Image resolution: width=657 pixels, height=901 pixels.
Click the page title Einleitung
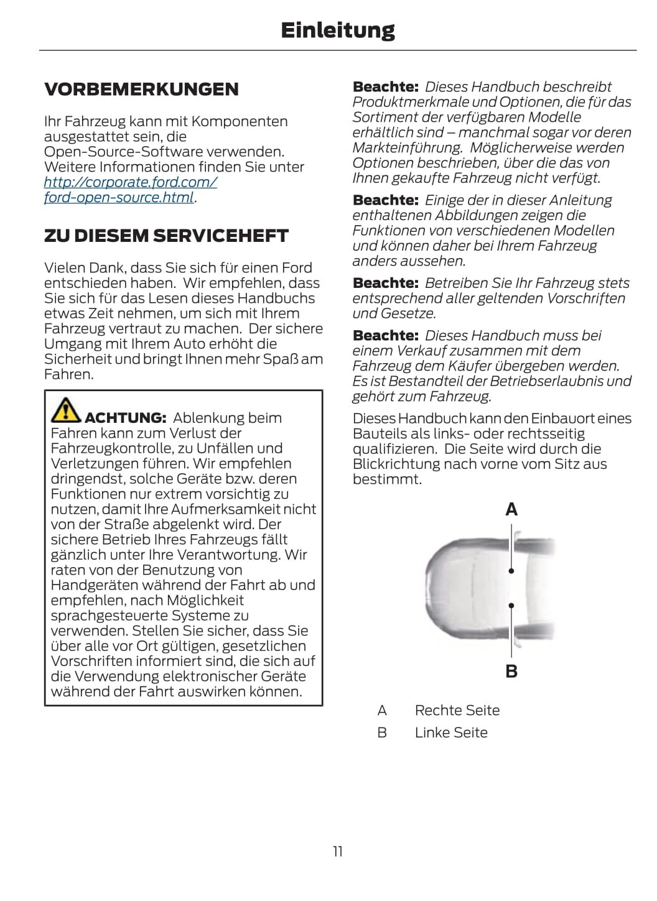[x=337, y=30]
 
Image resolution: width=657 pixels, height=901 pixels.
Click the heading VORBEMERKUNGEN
[x=141, y=90]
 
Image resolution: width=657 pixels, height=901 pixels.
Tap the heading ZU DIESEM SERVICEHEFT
[x=166, y=236]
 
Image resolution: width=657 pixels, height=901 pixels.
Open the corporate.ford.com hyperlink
[x=131, y=183]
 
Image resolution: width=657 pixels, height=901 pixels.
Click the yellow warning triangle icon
[x=65, y=409]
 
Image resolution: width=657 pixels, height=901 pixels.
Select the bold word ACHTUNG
[x=125, y=418]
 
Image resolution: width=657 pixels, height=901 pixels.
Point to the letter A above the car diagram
[x=511, y=510]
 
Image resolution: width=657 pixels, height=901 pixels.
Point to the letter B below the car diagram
[x=511, y=672]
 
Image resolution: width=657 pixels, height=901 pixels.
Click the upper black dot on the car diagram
[x=511, y=570]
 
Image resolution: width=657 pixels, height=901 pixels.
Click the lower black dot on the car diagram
[x=511, y=605]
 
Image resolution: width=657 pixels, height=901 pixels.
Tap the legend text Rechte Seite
[x=457, y=710]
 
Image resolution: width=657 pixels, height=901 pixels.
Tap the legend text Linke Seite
[x=451, y=732]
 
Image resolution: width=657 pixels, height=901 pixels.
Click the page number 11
[x=338, y=851]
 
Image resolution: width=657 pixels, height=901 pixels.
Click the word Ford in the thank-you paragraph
[x=297, y=268]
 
